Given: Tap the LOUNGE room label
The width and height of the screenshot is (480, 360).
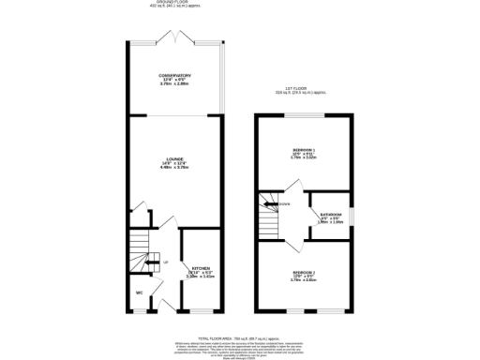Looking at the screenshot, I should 174,159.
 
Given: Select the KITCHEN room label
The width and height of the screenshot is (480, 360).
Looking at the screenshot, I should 200,267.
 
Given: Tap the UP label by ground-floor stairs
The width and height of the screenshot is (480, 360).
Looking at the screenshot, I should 166,262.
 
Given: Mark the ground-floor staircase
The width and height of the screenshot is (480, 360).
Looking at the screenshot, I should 141,251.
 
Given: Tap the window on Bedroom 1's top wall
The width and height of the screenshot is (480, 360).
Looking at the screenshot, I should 307,114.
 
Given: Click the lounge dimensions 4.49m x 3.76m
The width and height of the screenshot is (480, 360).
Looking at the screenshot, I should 174,170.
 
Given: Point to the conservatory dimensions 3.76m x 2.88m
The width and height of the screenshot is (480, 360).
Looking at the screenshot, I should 174,84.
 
